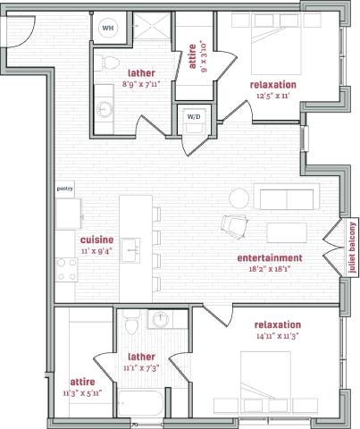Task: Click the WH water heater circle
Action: (x=108, y=29)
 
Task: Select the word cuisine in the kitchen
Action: (x=96, y=240)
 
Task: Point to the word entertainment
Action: (x=270, y=258)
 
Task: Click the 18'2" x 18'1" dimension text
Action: (x=270, y=270)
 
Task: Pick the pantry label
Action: (x=64, y=189)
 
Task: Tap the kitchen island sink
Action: (x=130, y=247)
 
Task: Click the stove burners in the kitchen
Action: (x=65, y=268)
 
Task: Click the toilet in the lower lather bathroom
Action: (x=130, y=321)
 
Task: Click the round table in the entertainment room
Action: (x=239, y=198)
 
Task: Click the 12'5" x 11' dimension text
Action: (x=274, y=96)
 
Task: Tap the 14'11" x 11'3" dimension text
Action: (x=277, y=336)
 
